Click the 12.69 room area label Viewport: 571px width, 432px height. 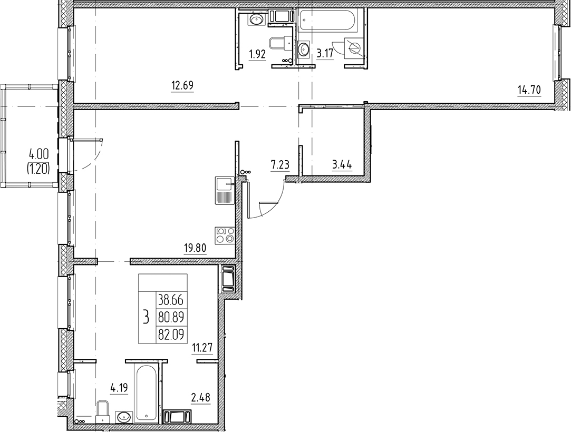[182, 84]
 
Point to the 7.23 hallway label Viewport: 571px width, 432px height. [279, 165]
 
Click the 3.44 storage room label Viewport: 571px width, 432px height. [342, 165]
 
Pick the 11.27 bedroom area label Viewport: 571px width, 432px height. [202, 347]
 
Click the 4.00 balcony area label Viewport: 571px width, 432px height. [39, 154]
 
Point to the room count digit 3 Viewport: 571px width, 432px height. [146, 317]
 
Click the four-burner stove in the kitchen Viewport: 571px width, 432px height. [225, 235]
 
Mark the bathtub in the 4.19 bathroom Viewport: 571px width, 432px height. [146, 392]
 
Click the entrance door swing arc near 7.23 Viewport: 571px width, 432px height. [274, 203]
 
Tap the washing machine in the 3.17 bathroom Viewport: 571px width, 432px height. [354, 50]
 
